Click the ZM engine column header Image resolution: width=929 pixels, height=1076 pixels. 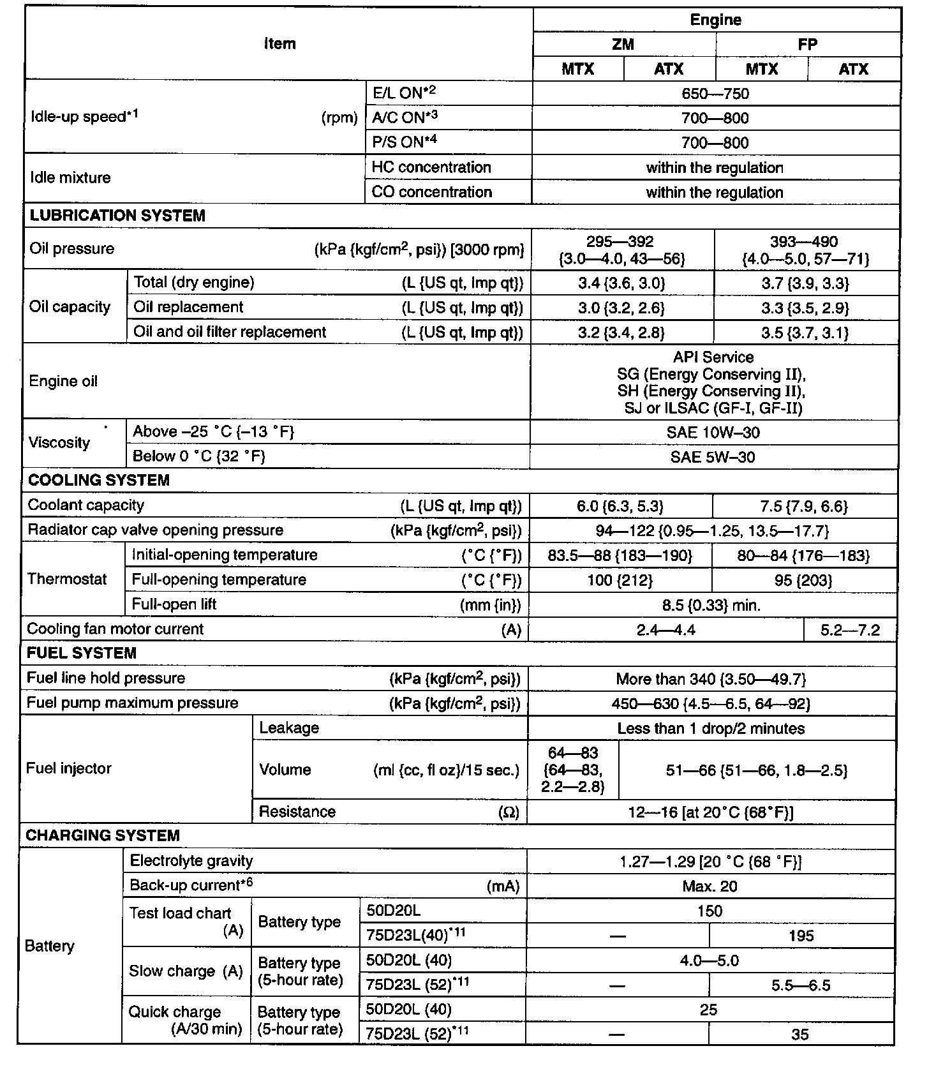[x=623, y=44]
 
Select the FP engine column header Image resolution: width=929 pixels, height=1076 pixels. [x=807, y=44]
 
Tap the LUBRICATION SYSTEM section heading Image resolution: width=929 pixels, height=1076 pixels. [x=117, y=216]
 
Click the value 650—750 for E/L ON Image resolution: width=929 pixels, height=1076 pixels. [x=715, y=94]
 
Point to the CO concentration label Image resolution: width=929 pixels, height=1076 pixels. [x=431, y=192]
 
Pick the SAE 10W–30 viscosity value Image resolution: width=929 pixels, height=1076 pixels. [x=713, y=433]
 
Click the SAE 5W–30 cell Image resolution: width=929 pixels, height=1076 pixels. [x=713, y=457]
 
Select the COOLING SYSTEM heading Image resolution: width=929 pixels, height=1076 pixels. [x=99, y=481]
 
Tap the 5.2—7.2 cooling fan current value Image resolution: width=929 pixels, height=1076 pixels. [x=850, y=631]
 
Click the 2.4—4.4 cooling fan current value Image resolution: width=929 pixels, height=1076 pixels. [x=665, y=631]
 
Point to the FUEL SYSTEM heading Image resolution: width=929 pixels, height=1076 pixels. [x=81, y=653]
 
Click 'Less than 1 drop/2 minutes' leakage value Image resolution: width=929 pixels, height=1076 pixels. [x=711, y=729]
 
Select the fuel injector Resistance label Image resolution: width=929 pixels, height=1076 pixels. [x=297, y=812]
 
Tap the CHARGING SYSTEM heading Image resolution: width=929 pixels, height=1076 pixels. [x=102, y=835]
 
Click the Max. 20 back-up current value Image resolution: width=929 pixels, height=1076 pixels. [x=710, y=886]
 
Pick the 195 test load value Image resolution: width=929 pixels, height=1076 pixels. [x=801, y=936]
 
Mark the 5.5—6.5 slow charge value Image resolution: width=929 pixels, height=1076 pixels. [x=801, y=986]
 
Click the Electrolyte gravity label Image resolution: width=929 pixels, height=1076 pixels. [x=191, y=861]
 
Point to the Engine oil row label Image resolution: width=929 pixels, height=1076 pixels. [x=63, y=382]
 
